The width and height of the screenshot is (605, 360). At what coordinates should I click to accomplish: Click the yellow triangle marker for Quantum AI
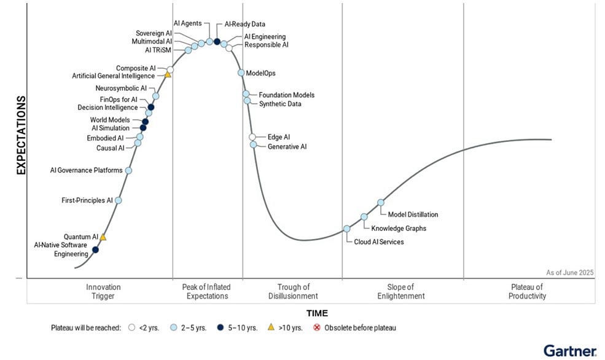(103, 237)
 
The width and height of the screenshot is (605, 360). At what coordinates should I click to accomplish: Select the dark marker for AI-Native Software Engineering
(95, 250)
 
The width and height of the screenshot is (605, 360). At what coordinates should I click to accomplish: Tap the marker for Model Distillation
(381, 202)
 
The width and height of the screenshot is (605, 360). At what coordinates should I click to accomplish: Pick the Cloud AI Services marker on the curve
(346, 229)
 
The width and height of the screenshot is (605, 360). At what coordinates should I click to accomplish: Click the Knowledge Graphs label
(399, 229)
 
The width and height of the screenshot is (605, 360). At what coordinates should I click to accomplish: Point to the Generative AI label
(287, 147)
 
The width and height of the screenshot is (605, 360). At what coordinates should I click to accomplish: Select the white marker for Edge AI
(252, 137)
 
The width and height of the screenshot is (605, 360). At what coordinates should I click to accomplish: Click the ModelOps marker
(241, 72)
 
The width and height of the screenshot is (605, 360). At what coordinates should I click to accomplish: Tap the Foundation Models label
(286, 95)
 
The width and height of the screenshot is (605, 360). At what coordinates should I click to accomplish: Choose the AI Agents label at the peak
(187, 23)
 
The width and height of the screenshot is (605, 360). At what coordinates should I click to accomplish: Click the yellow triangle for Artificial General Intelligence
(167, 75)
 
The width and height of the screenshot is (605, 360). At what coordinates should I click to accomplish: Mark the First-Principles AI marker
(118, 200)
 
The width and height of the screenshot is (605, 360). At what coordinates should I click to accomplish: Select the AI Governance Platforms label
(86, 170)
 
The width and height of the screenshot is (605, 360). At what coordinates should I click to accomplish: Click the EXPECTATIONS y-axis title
(21, 135)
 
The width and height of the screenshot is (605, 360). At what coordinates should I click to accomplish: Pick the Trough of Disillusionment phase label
(293, 291)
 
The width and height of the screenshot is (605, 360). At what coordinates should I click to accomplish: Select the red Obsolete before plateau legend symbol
(318, 328)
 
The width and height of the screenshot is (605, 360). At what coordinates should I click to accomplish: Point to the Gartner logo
(569, 351)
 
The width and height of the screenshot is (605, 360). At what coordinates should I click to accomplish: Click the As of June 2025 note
(569, 272)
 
